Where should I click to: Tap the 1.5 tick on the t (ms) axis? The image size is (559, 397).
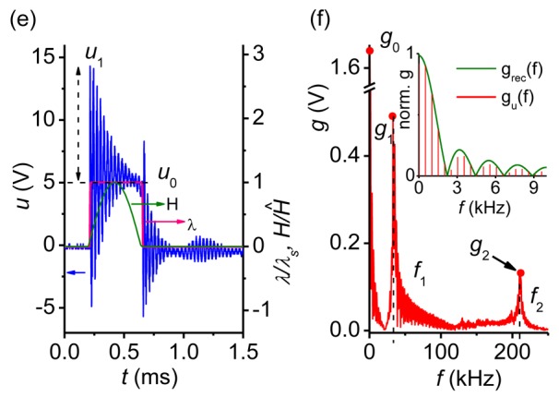[x=242, y=351]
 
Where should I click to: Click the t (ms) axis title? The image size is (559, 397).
[x=151, y=376]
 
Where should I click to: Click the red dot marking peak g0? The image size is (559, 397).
[x=369, y=51]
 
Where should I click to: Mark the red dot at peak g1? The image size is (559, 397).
[x=393, y=115]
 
